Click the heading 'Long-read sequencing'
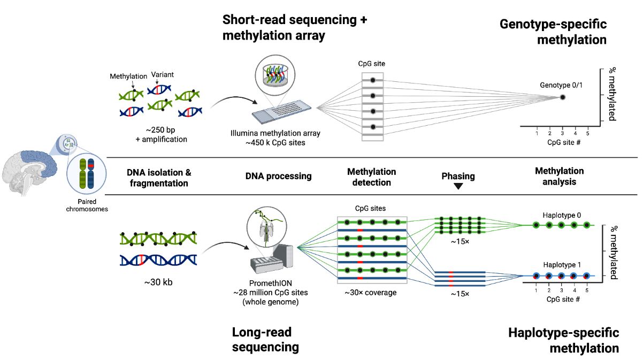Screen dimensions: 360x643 tap(265, 340)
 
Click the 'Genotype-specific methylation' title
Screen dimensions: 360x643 tap(553, 32)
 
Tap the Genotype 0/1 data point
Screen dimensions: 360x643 tap(563, 97)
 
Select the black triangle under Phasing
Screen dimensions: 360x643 tap(458, 186)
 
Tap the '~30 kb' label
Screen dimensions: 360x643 tap(157, 281)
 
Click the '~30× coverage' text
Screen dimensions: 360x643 tap(371, 293)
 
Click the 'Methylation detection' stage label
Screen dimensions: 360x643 tap(371, 177)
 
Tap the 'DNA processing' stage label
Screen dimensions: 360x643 tap(279, 176)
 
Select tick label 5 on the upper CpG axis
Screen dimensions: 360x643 tap(588, 132)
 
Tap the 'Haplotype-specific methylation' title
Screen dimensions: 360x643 tap(563, 340)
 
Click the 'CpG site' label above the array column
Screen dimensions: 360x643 tap(372, 64)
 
